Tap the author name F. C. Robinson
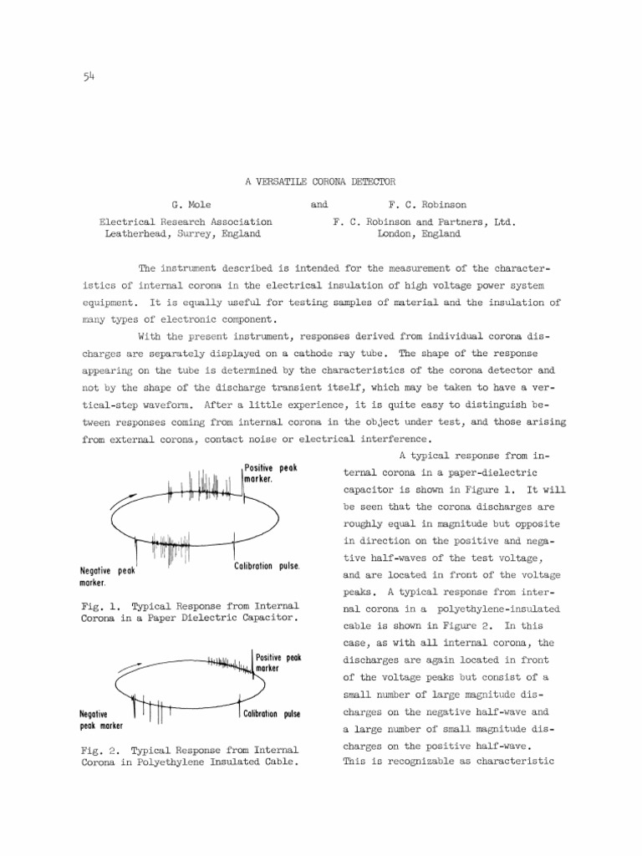tap(427, 204)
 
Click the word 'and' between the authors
tap(318, 204)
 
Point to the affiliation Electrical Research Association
tap(186, 222)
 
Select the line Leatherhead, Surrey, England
tap(182, 234)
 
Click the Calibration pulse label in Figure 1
tap(267, 566)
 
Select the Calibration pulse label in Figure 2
tap(272, 714)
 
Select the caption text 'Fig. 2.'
tap(97, 750)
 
